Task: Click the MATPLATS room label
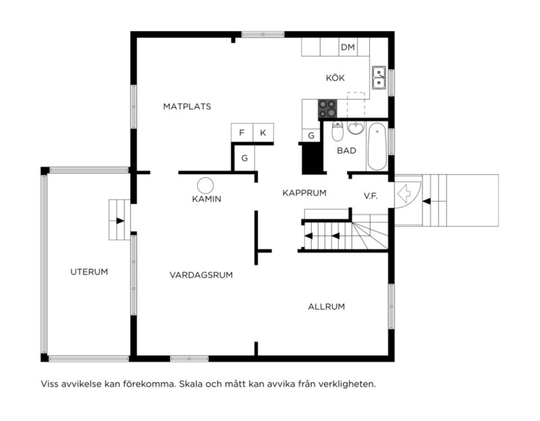[x=187, y=107]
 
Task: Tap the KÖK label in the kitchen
[x=335, y=78]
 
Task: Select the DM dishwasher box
[x=348, y=47]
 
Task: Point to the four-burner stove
[x=327, y=108]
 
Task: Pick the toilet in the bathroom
[x=337, y=130]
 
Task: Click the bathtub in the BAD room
[x=377, y=146]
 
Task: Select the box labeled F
[x=242, y=133]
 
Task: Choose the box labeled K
[x=263, y=133]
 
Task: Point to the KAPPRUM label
[x=304, y=193]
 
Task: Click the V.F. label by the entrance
[x=370, y=196]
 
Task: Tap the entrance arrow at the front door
[x=405, y=194]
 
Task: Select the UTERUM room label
[x=89, y=272]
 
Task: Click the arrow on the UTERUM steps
[x=120, y=220]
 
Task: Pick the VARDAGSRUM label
[x=201, y=275]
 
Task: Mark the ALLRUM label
[x=326, y=307]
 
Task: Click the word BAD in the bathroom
[x=346, y=151]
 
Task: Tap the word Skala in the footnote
[x=189, y=385]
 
